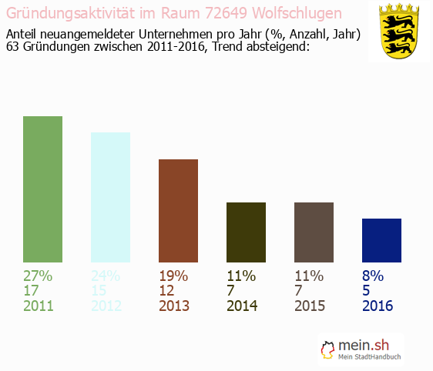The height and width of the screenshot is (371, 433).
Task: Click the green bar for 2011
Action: pyautogui.click(x=42, y=189)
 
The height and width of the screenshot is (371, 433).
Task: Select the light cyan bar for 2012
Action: pyautogui.click(x=110, y=197)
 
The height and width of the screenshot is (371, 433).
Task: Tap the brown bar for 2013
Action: pyautogui.click(x=178, y=211)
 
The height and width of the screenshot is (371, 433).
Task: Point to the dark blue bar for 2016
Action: pyautogui.click(x=381, y=240)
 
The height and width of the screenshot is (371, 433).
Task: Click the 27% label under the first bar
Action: pyautogui.click(x=38, y=276)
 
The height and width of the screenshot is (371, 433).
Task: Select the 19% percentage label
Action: pyautogui.click(x=173, y=276)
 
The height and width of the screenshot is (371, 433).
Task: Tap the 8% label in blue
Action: pyautogui.click(x=372, y=276)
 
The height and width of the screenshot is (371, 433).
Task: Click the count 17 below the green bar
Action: pyautogui.click(x=32, y=291)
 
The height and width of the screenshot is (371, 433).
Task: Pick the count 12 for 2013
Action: pyautogui.click(x=167, y=291)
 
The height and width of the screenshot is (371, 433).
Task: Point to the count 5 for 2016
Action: pyautogui.click(x=366, y=291)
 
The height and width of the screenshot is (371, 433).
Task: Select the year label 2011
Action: pyautogui.click(x=39, y=306)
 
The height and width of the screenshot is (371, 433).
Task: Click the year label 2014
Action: pyautogui.click(x=242, y=306)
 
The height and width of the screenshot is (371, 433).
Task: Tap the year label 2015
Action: pyautogui.click(x=310, y=306)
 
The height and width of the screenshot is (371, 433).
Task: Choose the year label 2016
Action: pyautogui.click(x=378, y=306)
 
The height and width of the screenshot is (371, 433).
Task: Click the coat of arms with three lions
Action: pyautogui.click(x=398, y=31)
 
